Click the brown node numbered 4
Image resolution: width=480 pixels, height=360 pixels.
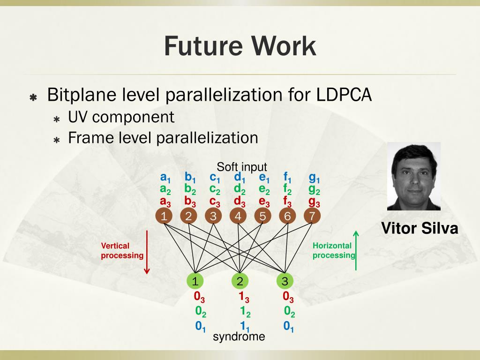[x=238, y=216]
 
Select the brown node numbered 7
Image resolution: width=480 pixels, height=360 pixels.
[x=312, y=216]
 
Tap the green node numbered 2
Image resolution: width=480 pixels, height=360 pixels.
[x=240, y=281]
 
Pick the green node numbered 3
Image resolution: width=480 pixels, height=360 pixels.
[x=285, y=281]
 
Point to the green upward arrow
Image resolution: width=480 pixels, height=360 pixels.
[x=356, y=250]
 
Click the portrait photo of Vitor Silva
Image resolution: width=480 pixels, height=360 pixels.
[x=414, y=177]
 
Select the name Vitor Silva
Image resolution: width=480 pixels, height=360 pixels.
[x=420, y=229]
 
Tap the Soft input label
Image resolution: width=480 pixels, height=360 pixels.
[x=242, y=167]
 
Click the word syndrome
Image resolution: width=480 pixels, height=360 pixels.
[x=239, y=337]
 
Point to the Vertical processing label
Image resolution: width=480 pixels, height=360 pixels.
[x=122, y=251]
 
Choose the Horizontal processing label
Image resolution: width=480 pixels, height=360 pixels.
[x=334, y=251]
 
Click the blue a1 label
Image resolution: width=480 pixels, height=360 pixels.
[x=165, y=178]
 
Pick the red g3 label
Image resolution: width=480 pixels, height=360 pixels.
[x=314, y=202]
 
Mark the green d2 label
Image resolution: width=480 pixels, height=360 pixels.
[x=240, y=190]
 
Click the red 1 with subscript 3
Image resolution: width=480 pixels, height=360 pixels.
[x=244, y=297]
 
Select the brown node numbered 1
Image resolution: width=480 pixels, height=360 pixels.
[x=164, y=216]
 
